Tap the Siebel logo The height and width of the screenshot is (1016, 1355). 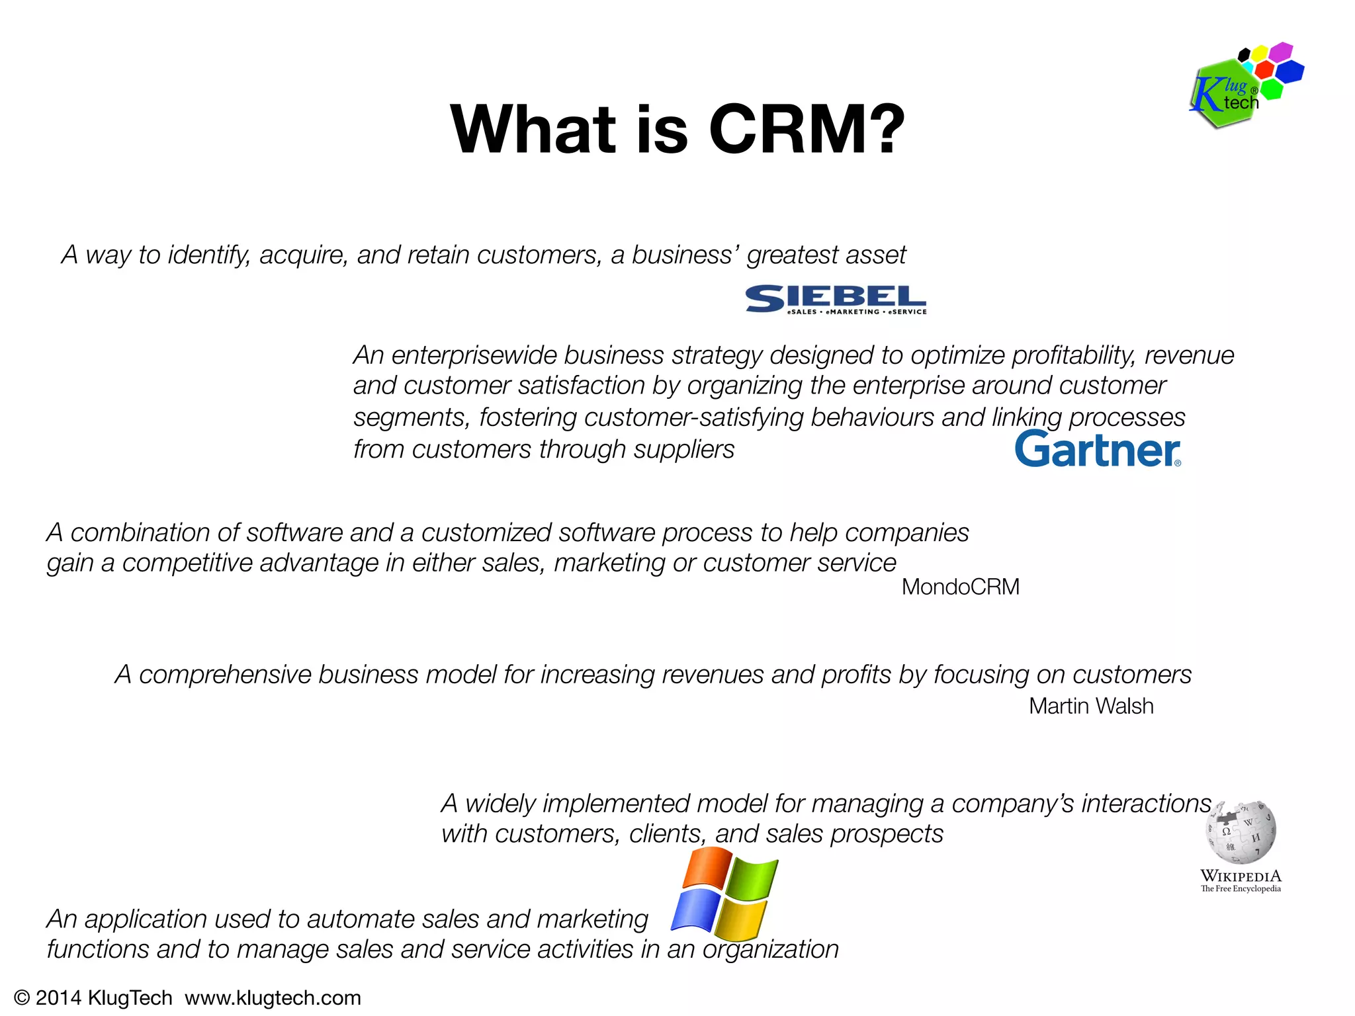[836, 300]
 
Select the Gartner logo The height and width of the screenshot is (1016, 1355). [1098, 449]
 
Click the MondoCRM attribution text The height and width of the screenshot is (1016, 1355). [960, 587]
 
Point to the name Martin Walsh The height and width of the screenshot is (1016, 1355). [1091, 706]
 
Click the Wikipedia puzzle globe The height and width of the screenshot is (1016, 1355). [1241, 832]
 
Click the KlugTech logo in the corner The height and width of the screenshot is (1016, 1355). [1244, 86]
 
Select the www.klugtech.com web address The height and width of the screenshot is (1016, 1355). [273, 997]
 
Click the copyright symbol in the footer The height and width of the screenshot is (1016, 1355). [22, 997]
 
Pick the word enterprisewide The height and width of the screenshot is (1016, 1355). [474, 355]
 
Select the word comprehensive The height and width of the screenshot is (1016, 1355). [225, 675]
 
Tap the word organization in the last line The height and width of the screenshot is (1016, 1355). [770, 950]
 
